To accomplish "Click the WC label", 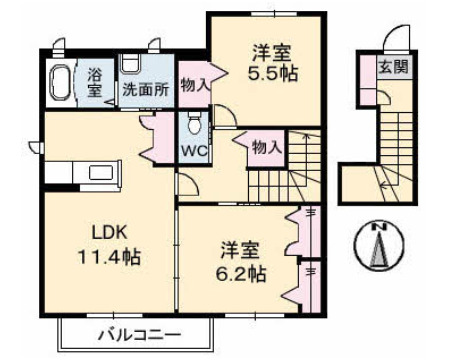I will [x=193, y=153].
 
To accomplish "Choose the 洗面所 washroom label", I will [x=145, y=88].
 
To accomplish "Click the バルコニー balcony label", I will [x=140, y=333].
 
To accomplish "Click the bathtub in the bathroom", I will [x=60, y=83].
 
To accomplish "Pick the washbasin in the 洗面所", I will [x=132, y=62].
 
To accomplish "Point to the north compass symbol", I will [x=379, y=246].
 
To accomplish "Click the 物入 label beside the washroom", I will [x=194, y=86].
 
